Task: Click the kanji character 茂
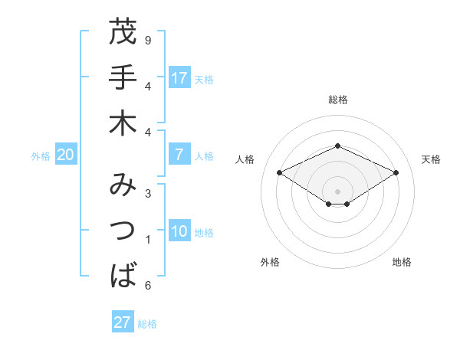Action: click(x=123, y=33)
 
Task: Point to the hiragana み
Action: click(x=123, y=186)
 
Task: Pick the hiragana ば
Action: click(x=123, y=274)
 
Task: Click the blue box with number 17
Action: click(x=179, y=78)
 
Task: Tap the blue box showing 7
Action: click(x=179, y=155)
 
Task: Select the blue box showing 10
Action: click(x=179, y=232)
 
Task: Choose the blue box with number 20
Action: click(x=65, y=155)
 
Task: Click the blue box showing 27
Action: click(x=123, y=322)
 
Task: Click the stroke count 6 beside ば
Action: click(x=148, y=286)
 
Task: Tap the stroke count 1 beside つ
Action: click(x=148, y=240)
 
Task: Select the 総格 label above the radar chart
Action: click(x=337, y=100)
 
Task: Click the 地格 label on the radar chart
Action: click(x=402, y=262)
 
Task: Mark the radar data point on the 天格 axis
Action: click(x=396, y=172)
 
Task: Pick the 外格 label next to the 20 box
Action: click(x=41, y=155)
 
